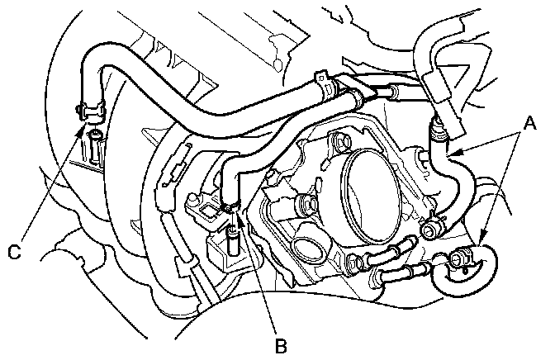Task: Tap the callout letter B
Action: tap(280, 345)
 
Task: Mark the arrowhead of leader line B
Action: tap(235, 216)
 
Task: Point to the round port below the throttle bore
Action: tap(311, 251)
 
